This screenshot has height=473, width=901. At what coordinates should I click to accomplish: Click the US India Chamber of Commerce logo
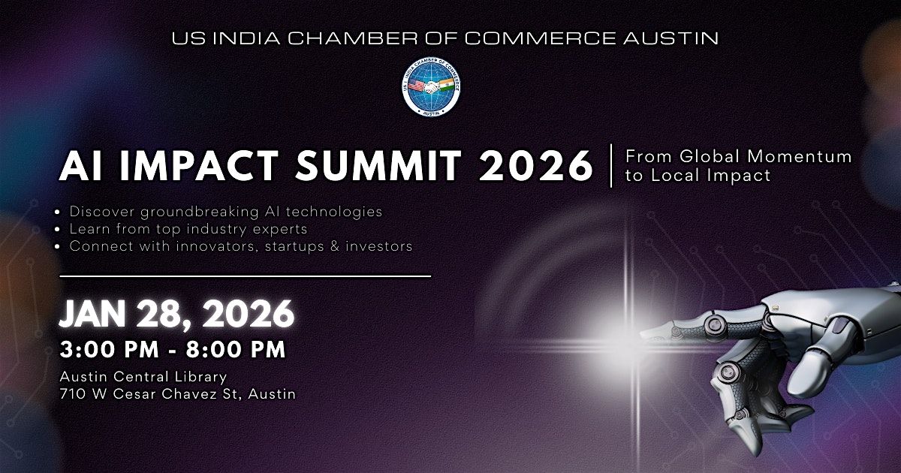point(431,87)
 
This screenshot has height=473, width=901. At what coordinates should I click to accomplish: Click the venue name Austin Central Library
point(143,377)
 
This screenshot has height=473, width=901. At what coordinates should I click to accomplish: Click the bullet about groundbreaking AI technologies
point(225,212)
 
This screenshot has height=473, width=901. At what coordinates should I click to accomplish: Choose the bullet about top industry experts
point(188,229)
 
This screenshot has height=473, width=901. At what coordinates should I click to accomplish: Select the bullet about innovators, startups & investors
point(240,246)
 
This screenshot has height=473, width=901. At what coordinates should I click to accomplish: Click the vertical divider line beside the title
point(611,165)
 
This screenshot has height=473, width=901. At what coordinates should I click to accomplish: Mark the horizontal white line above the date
point(245,276)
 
